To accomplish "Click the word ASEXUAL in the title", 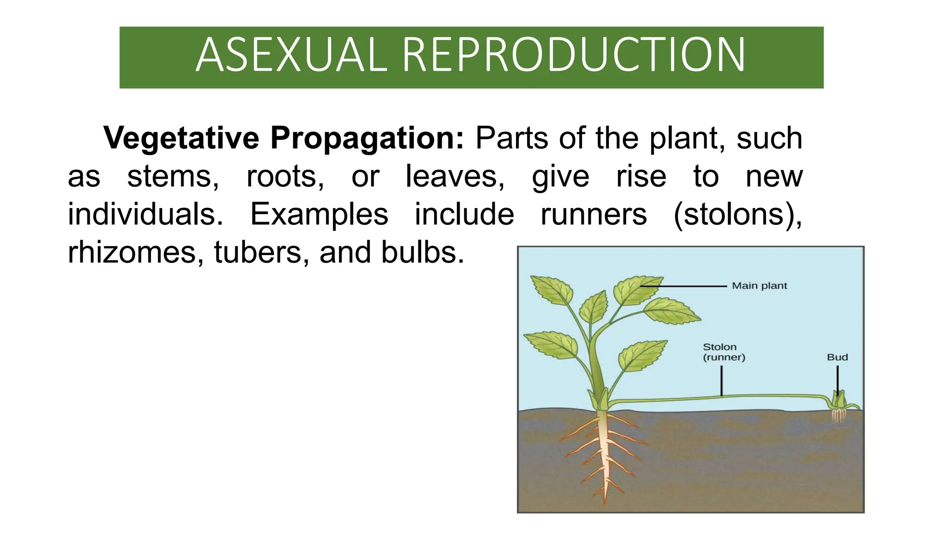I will [x=291, y=55].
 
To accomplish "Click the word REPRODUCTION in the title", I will [x=574, y=55].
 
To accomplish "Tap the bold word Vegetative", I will [x=181, y=138].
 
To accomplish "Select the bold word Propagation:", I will [x=367, y=138].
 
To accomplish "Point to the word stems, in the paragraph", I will [x=173, y=176].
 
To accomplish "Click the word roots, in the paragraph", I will [x=285, y=176].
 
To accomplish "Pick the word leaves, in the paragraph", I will [x=455, y=176].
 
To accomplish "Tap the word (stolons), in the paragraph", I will [x=738, y=215].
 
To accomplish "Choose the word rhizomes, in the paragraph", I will [x=135, y=253].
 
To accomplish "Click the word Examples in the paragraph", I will [x=319, y=215].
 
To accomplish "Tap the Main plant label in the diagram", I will [x=759, y=286].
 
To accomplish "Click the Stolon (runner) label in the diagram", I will [x=723, y=352].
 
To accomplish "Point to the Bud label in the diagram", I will [x=837, y=357].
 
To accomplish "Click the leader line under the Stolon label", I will [x=721, y=380].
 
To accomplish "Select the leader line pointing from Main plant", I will [x=683, y=286].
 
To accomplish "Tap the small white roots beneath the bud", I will [x=838, y=416].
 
